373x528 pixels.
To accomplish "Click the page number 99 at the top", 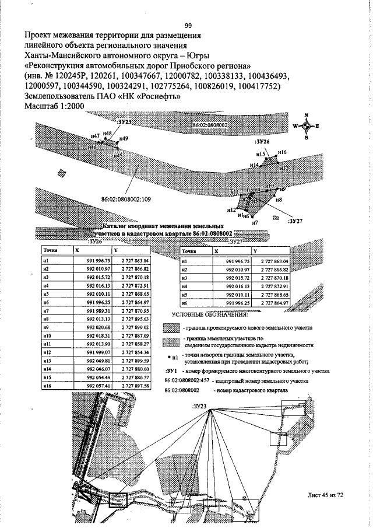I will point(188,25).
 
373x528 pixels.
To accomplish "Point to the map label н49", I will point(124,138).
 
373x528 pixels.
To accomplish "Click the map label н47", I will point(96,135).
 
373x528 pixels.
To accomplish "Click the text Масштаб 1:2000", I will point(55,107).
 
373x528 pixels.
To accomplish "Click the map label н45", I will point(118,155).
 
